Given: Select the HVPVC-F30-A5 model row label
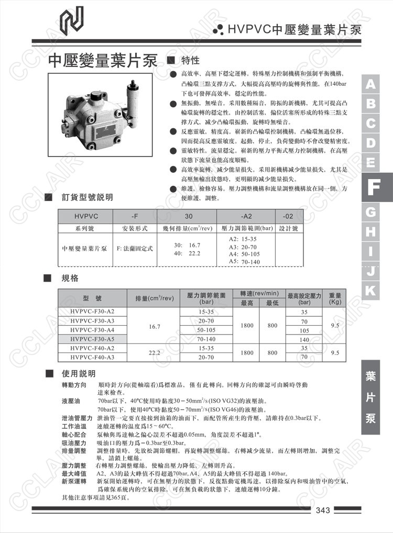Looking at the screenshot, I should (x=92, y=339).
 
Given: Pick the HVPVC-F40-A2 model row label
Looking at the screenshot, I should (x=92, y=349).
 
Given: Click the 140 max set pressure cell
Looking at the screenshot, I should (x=304, y=339).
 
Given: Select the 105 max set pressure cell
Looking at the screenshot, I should (x=304, y=330).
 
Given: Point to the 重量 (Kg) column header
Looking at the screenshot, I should (x=335, y=298).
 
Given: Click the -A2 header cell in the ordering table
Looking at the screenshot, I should (x=246, y=216).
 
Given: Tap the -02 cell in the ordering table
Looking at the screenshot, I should (x=288, y=216).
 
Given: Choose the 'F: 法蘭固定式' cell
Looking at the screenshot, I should (x=135, y=248).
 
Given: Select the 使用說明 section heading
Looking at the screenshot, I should (x=79, y=374).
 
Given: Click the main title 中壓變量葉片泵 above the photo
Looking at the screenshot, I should (x=103, y=61).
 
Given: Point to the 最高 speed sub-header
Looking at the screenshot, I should (x=247, y=303).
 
